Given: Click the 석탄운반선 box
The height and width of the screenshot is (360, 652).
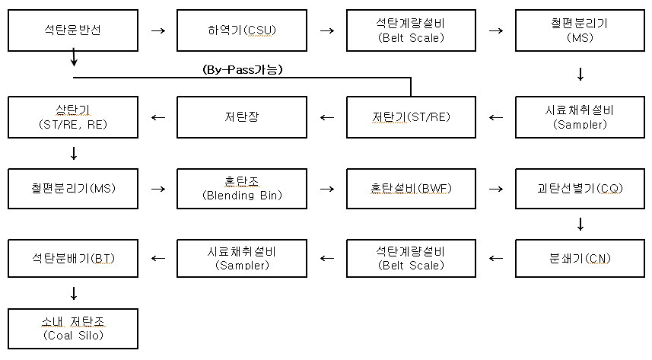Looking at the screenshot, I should tap(73, 30).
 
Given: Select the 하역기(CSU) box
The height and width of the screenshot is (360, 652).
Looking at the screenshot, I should tap(242, 30).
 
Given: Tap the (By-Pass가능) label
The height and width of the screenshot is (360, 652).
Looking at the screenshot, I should tap(243, 69).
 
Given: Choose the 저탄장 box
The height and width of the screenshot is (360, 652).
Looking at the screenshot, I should tap(242, 117).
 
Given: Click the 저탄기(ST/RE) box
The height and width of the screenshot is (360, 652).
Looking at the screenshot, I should tap(412, 117).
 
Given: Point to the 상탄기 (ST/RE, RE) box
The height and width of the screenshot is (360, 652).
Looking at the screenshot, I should tap(73, 117).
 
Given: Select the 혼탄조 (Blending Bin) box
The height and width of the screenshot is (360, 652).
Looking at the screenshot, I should tap(242, 187).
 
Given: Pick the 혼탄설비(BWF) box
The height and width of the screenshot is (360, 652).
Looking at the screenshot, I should tap(412, 187).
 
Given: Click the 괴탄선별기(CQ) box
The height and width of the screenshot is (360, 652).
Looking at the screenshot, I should tap(580, 187).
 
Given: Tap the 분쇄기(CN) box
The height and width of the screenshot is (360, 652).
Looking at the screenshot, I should tap(580, 258).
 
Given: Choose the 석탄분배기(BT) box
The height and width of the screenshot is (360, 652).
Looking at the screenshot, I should tap(73, 258).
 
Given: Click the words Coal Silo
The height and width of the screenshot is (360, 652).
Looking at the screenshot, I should tap(73, 336).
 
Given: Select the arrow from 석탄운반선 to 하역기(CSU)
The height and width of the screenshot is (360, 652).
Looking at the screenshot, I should tap(158, 31).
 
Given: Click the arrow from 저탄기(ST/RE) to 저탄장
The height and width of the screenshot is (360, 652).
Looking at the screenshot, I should tap(327, 117).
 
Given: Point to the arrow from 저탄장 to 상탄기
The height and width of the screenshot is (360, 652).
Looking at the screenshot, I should tap(158, 117).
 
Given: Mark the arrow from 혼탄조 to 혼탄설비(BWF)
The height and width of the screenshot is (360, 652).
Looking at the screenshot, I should tap(327, 188).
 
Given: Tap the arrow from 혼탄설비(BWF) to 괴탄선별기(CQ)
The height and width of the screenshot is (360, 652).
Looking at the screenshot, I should tap(496, 188).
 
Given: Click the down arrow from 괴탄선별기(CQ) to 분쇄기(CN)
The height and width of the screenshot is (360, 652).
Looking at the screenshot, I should tap(580, 224).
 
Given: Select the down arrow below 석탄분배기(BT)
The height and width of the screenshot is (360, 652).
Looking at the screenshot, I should tap(74, 293).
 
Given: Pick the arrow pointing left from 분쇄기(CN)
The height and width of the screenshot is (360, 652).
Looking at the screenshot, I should tap(496, 259).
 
